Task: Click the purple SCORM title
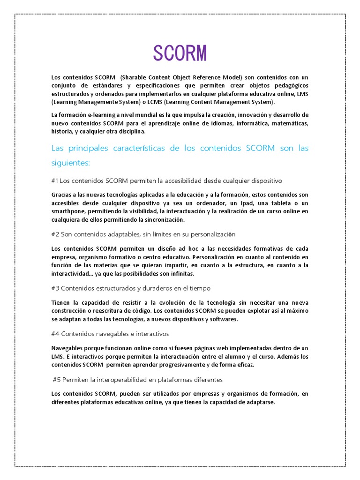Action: click(x=180, y=54)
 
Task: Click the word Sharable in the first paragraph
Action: click(x=133, y=77)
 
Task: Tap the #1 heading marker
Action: click(x=55, y=180)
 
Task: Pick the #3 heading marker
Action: click(x=55, y=288)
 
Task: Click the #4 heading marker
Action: click(x=55, y=334)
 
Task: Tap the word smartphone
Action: click(x=67, y=211)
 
